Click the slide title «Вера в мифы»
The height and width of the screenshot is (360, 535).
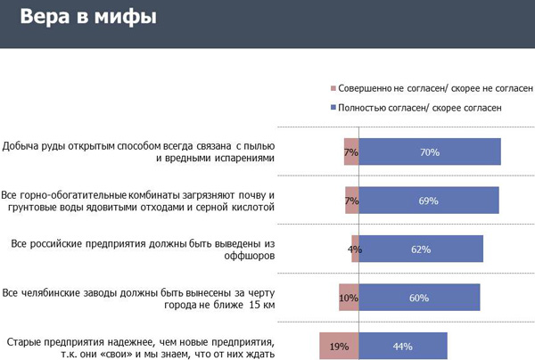[88, 17]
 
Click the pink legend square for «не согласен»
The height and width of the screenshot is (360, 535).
[333, 88]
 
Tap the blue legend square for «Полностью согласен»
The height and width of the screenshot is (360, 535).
[333, 108]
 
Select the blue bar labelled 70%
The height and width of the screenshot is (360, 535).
[430, 151]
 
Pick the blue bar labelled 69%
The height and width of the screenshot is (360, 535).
[429, 200]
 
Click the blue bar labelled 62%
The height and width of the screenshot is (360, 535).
[421, 249]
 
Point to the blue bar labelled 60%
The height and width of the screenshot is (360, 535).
[419, 298]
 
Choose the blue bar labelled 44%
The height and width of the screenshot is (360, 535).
[403, 346]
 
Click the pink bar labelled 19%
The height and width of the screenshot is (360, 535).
[339, 346]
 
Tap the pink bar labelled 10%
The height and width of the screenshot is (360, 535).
[349, 298]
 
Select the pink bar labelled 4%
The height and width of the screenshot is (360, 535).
[355, 249]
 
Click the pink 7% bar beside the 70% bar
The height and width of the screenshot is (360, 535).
[351, 151]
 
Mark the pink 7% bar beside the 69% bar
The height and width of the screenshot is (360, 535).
[352, 200]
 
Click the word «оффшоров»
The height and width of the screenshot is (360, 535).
[250, 256]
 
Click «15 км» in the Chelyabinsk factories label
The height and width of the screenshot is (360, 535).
[261, 305]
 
